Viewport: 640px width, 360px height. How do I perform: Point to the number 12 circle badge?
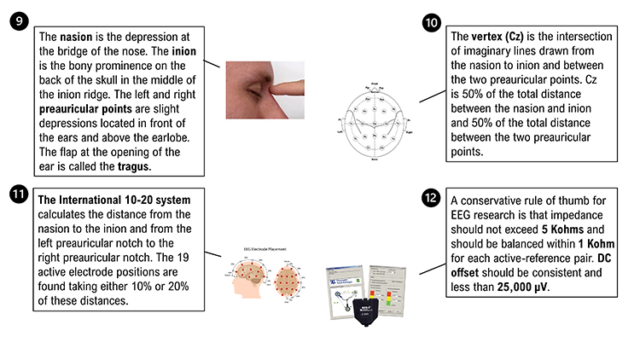point(433,196)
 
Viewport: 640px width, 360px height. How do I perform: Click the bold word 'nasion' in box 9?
point(78,38)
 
